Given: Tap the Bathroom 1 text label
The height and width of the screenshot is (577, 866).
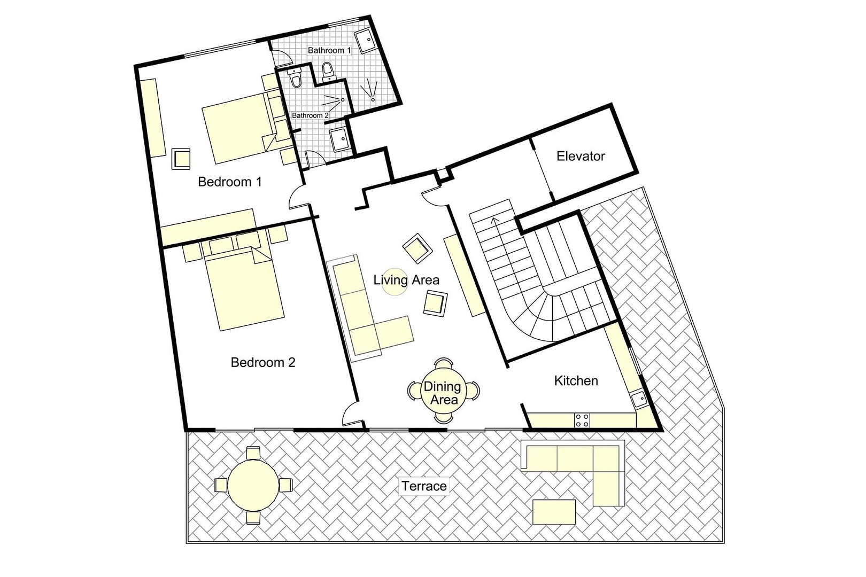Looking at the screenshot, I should point(329,50).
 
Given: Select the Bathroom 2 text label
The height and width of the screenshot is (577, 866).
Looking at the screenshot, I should point(310,115).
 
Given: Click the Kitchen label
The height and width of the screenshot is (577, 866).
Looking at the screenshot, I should point(576,380).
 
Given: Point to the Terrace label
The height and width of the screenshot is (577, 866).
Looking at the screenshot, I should point(424,486).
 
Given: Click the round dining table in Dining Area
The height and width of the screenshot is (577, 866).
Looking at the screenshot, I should point(443,393).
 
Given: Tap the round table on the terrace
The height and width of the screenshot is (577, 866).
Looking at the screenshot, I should point(253,485).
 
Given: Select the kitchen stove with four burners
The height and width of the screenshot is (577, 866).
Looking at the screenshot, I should point(582,420).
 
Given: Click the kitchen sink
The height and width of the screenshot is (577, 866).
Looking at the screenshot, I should point(638,399).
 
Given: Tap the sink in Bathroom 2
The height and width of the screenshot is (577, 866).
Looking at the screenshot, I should point(339,140).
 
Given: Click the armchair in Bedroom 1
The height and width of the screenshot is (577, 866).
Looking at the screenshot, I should point(181,159).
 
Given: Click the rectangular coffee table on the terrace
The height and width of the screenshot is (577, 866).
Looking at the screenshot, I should point(554,512).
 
